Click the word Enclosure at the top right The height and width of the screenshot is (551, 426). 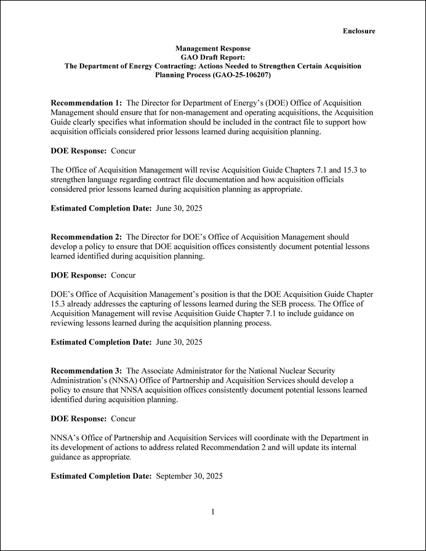(359, 31)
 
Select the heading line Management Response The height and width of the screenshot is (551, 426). (212, 48)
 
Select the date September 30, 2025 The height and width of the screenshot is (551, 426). (189, 476)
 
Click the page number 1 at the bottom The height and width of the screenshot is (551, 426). (212, 512)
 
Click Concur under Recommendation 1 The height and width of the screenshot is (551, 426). (123, 150)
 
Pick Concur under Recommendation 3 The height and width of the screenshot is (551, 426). (123, 419)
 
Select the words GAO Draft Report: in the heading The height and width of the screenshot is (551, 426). (212, 57)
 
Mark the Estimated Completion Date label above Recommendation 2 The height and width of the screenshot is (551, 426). (101, 208)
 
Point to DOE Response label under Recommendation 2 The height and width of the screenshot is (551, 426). (78, 275)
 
